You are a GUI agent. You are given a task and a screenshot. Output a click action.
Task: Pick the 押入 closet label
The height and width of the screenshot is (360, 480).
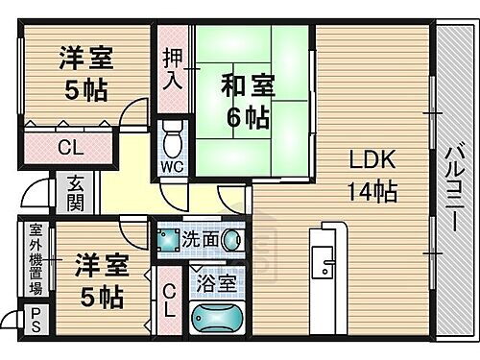[172, 68]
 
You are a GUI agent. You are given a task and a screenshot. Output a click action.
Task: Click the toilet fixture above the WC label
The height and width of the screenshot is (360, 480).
[172, 140]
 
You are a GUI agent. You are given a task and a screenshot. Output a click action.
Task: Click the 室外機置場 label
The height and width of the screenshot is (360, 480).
[35, 260]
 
